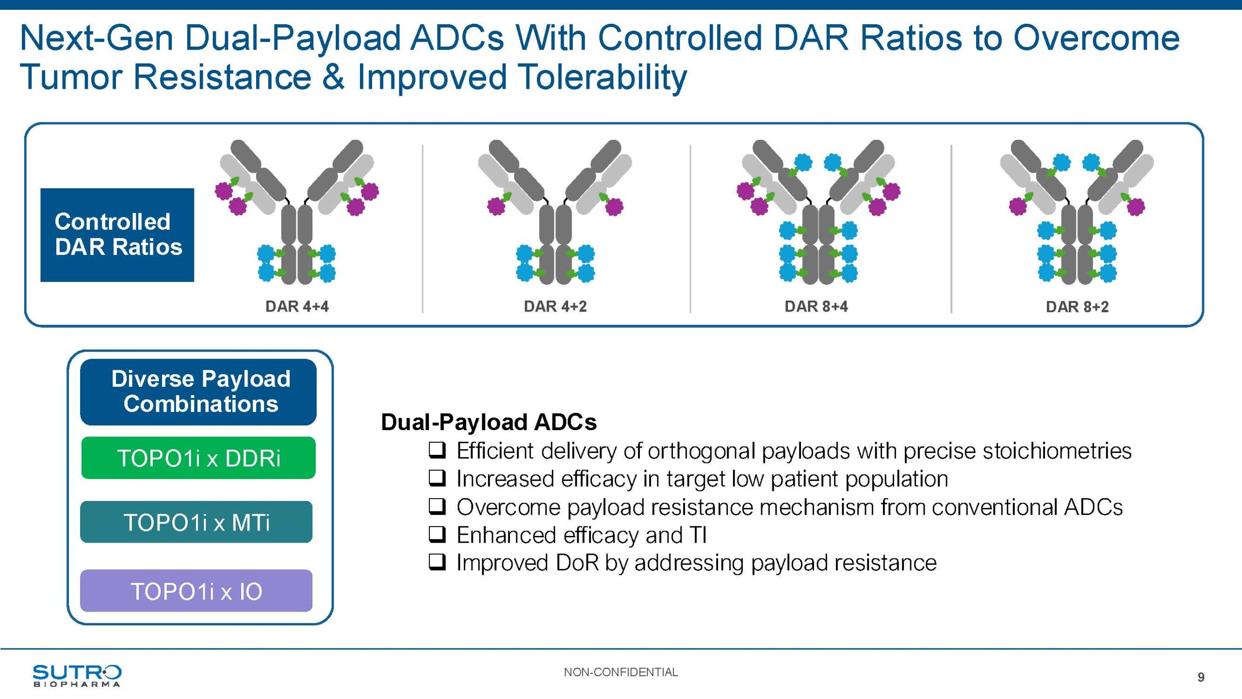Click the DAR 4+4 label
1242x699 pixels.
tap(297, 306)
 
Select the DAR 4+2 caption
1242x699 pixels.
tap(555, 306)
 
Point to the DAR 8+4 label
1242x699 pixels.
tap(816, 306)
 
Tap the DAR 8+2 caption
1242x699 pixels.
tap(1077, 307)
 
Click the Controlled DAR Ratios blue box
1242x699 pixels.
tap(117, 235)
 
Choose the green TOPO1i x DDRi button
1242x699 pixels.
tap(198, 458)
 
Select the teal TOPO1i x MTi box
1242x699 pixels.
tap(196, 522)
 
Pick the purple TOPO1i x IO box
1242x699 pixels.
tap(196, 591)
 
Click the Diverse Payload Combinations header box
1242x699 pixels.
tap(198, 392)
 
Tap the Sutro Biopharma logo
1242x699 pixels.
tap(77, 675)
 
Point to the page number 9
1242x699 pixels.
tap(1201, 677)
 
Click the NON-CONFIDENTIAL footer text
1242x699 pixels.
tap(621, 672)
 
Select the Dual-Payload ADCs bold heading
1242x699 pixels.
tap(489, 422)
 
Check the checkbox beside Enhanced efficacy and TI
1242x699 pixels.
tap(437, 534)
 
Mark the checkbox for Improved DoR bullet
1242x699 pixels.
tap(437, 563)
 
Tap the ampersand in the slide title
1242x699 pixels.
tap(333, 77)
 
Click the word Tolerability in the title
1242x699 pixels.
tap(522, 77)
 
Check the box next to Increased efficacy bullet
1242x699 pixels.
tap(437, 479)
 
